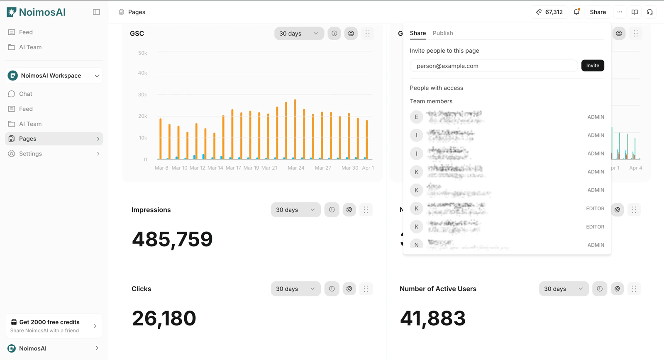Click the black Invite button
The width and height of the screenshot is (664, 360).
tap(592, 66)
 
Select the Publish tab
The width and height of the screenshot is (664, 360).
tap(442, 33)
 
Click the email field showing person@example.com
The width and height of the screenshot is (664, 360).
tap(493, 66)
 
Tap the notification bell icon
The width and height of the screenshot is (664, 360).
tap(576, 12)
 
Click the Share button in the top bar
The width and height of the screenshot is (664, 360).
tap(598, 12)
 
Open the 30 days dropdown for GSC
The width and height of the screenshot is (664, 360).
tap(299, 34)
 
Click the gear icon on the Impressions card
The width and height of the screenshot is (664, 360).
tap(349, 210)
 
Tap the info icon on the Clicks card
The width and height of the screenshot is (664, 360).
tap(332, 289)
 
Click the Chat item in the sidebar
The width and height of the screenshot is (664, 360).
tap(25, 94)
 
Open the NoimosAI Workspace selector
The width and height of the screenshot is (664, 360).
tap(54, 75)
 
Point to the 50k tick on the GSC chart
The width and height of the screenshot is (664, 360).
tap(142, 53)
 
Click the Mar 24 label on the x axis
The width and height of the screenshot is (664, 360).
tap(296, 168)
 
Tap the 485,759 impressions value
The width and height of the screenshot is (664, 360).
tap(172, 239)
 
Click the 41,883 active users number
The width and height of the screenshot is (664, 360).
tap(432, 318)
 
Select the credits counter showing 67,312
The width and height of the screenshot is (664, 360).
tap(549, 12)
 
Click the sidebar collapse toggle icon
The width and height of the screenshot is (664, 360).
tap(96, 12)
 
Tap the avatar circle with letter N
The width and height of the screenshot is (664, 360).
tap(416, 245)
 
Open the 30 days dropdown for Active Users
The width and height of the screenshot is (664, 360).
tap(563, 289)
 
